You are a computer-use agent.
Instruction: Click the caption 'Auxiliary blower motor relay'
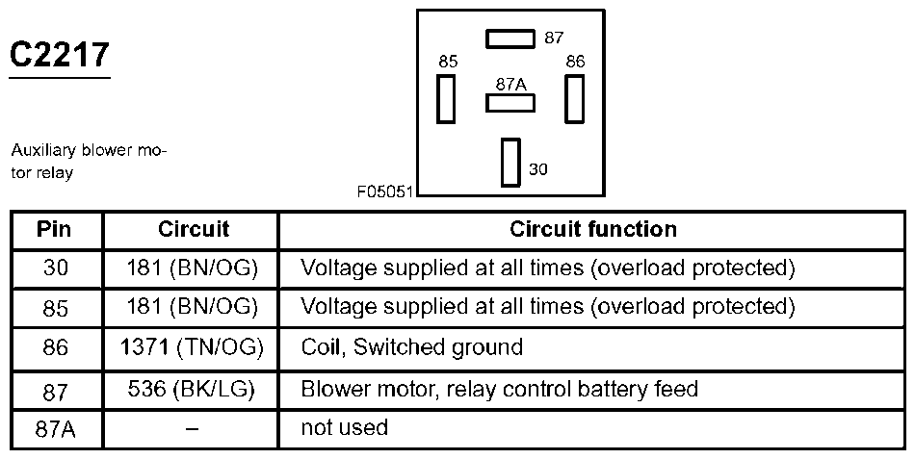pyautogui.click(x=89, y=163)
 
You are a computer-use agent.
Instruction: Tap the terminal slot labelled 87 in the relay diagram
pyautogui.click(x=510, y=38)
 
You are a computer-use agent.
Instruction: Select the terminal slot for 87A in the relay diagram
pyautogui.click(x=510, y=103)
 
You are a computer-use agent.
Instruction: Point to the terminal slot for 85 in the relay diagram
pyautogui.click(x=446, y=98)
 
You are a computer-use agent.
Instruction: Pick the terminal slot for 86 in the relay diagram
pyautogui.click(x=575, y=98)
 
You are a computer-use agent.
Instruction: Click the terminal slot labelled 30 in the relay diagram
pyautogui.click(x=510, y=162)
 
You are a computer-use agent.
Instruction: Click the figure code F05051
pyautogui.click(x=385, y=191)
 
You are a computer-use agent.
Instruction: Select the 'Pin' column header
pyautogui.click(x=54, y=230)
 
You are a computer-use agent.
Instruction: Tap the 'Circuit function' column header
pyautogui.click(x=592, y=230)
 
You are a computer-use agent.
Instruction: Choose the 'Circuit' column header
pyautogui.click(x=193, y=230)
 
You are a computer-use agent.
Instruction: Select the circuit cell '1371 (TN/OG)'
pyautogui.click(x=193, y=347)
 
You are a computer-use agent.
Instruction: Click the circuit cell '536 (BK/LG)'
pyautogui.click(x=193, y=389)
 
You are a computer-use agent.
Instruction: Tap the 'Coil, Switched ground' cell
pyautogui.click(x=412, y=347)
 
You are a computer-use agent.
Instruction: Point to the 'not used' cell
pyautogui.click(x=344, y=427)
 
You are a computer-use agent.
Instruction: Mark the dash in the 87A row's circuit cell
pyautogui.click(x=192, y=428)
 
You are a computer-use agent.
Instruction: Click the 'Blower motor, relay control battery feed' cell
pyautogui.click(x=499, y=389)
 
